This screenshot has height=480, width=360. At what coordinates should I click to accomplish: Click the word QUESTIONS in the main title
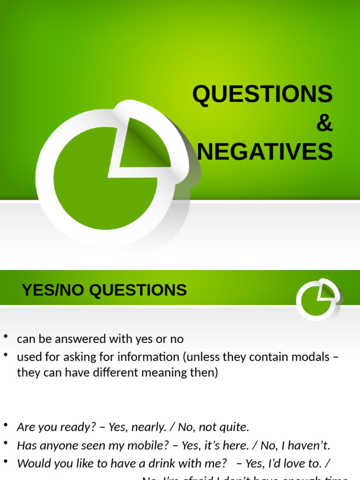[262, 94]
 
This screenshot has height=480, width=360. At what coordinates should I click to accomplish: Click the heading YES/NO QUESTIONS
[104, 290]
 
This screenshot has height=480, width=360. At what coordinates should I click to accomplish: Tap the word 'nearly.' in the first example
[146, 427]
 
